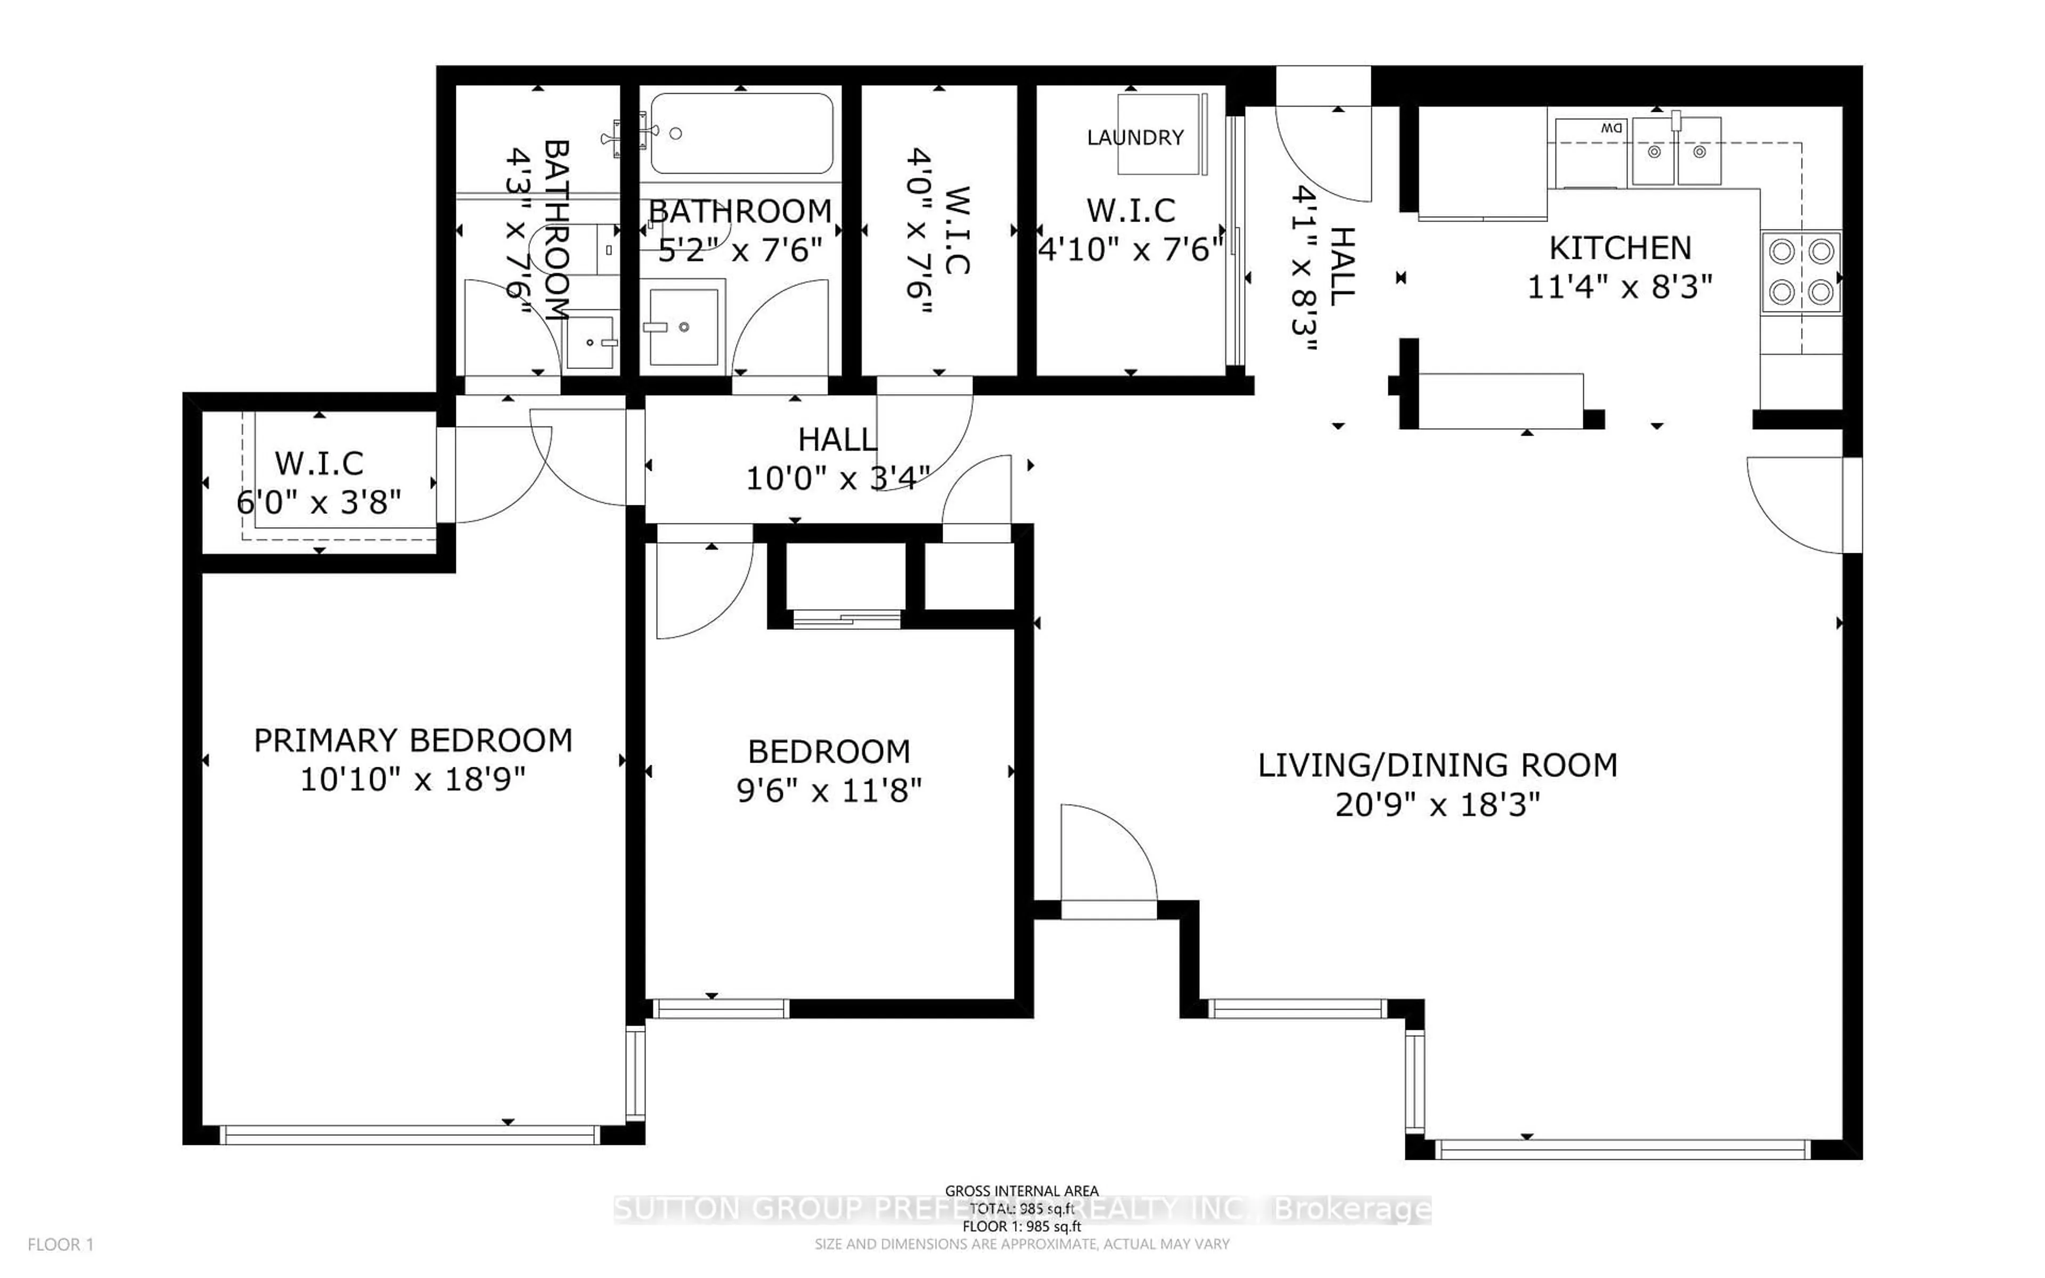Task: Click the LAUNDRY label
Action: [x=1135, y=137]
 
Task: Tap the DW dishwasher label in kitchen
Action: [x=1610, y=128]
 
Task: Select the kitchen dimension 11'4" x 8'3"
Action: [x=1619, y=288]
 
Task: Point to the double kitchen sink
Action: [x=1676, y=152]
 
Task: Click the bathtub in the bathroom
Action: [x=741, y=133]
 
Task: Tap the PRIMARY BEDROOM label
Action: [x=413, y=740]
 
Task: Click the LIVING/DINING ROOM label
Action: [x=1437, y=765]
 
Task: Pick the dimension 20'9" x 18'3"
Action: [x=1437, y=805]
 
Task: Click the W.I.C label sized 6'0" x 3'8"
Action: [x=320, y=463]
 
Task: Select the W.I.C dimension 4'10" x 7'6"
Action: [x=1131, y=249]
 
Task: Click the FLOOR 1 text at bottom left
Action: [x=61, y=1244]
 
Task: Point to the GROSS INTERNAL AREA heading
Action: [x=1021, y=1191]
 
